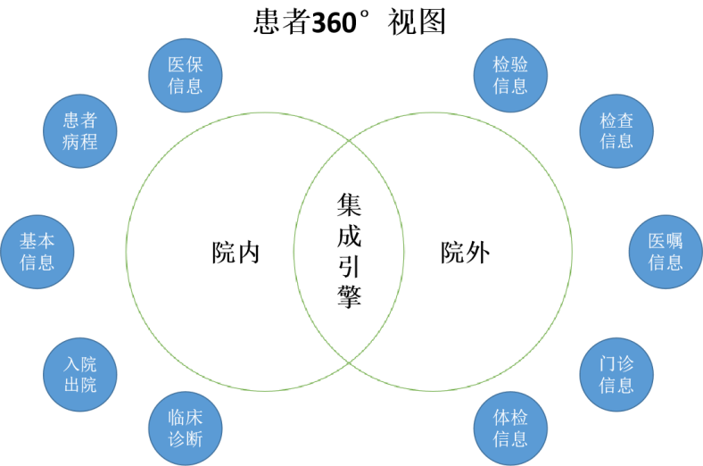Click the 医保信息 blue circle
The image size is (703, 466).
pyautogui.click(x=186, y=75)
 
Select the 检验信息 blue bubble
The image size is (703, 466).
pyautogui.click(x=510, y=75)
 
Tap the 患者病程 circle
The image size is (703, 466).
pyautogui.click(x=80, y=130)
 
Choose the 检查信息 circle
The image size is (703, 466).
pyautogui.click(x=616, y=130)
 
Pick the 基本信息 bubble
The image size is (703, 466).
pyautogui.click(x=37, y=252)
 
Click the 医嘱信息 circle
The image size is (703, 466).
pyautogui.click(x=666, y=252)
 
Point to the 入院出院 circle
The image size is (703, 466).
pyautogui.click(x=80, y=374)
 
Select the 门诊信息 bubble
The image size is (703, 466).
pyautogui.click(x=616, y=374)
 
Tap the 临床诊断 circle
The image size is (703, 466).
pyautogui.click(x=186, y=429)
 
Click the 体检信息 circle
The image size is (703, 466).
pyautogui.click(x=510, y=429)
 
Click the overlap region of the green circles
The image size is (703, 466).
pyautogui.click(x=349, y=251)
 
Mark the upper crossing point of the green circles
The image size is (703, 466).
pyautogui.click(x=349, y=141)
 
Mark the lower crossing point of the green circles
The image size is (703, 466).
pyautogui.click(x=349, y=361)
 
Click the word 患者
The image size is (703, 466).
pyautogui.click(x=80, y=121)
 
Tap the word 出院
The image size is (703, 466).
pyautogui.click(x=80, y=385)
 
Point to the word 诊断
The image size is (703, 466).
pyautogui.click(x=186, y=439)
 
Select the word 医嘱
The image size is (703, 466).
pyautogui.click(x=666, y=241)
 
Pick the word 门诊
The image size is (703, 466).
pyautogui.click(x=616, y=364)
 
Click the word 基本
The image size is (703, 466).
pyautogui.click(x=37, y=241)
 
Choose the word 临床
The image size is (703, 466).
pyautogui.click(x=186, y=418)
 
